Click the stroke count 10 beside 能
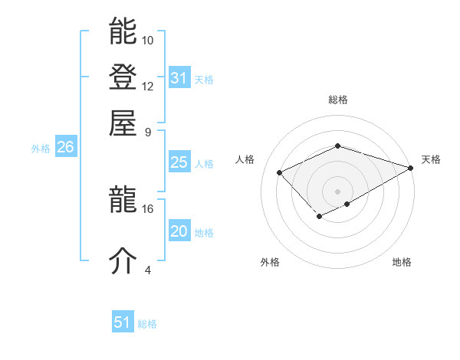pos(148,40)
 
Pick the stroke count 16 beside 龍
pos(148,208)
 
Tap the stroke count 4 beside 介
pos(148,269)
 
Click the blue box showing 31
pos(179,78)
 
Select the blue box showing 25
pos(179,162)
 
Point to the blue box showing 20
pos(179,231)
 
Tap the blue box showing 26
pos(65,148)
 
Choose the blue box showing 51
pos(123,322)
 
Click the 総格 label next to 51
pos(147,324)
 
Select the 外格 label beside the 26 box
pos(41,149)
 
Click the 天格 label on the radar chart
pos(431,159)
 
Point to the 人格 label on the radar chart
pos(245,159)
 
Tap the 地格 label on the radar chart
pos(402,263)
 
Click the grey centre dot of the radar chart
pos(337,191)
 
